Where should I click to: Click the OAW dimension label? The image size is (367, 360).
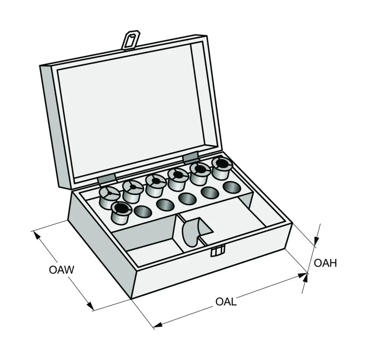click(61, 270)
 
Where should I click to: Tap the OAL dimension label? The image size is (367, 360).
click(226, 302)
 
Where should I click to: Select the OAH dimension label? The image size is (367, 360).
click(325, 263)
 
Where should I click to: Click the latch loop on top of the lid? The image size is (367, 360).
click(130, 40)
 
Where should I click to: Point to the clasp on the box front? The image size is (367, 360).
click(218, 251)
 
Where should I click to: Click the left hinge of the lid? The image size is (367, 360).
click(107, 179)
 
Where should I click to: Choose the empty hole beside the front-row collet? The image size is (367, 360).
click(143, 212)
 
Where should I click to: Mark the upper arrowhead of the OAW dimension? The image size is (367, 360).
click(37, 235)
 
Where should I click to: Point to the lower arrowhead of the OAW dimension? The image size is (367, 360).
click(90, 306)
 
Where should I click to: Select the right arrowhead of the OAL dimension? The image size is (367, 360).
click(302, 275)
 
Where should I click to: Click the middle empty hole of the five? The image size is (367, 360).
click(187, 199)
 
